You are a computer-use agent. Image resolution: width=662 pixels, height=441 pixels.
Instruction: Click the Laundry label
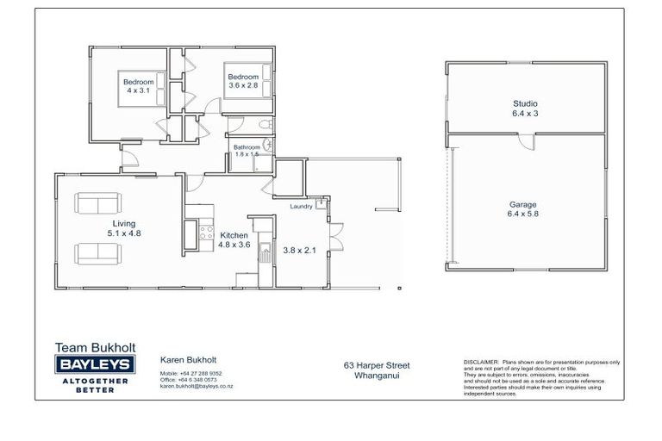[301, 206]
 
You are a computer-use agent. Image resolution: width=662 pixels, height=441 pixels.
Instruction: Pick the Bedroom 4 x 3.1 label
[138, 86]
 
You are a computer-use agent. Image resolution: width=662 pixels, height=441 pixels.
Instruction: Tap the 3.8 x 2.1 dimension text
[301, 251]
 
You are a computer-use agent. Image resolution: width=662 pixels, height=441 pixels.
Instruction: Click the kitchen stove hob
[206, 231]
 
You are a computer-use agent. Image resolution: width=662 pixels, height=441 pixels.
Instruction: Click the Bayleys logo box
[92, 365]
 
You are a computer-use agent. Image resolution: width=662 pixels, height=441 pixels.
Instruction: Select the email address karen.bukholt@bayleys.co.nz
[197, 387]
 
